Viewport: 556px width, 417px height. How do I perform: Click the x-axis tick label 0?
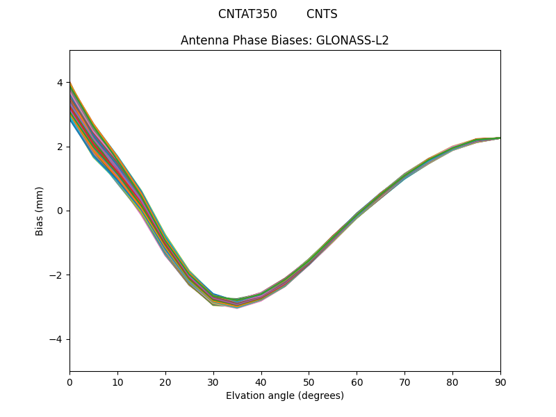pyautogui.click(x=69, y=382)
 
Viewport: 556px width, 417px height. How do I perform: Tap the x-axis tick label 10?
pyautogui.click(x=117, y=382)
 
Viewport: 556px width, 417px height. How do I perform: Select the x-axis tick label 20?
pyautogui.click(x=165, y=382)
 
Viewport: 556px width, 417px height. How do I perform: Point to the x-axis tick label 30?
pyautogui.click(x=213, y=382)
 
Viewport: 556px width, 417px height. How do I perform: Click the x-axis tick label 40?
pyautogui.click(x=261, y=382)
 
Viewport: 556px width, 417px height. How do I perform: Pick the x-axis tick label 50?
pyautogui.click(x=309, y=382)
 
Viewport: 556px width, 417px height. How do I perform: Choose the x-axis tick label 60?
pyautogui.click(x=357, y=382)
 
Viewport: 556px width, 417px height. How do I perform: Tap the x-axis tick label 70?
pyautogui.click(x=404, y=382)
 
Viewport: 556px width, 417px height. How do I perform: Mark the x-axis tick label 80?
pyautogui.click(x=452, y=382)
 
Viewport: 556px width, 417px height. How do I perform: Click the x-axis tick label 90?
pyautogui.click(x=500, y=382)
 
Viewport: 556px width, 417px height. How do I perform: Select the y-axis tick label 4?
pyautogui.click(x=60, y=83)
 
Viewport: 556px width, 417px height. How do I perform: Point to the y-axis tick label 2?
pyautogui.click(x=60, y=147)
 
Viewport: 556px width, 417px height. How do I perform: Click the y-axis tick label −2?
pyautogui.click(x=57, y=275)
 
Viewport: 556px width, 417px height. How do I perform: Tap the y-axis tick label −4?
pyautogui.click(x=57, y=339)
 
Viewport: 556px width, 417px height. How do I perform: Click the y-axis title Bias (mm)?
pyautogui.click(x=40, y=211)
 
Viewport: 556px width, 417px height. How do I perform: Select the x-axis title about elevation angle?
pyautogui.click(x=285, y=395)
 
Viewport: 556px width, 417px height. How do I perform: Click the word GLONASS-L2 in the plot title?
pyautogui.click(x=352, y=40)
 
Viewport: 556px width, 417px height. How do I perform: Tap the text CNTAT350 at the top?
pyautogui.click(x=247, y=14)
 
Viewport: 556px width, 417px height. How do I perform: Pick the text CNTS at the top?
pyautogui.click(x=322, y=14)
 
